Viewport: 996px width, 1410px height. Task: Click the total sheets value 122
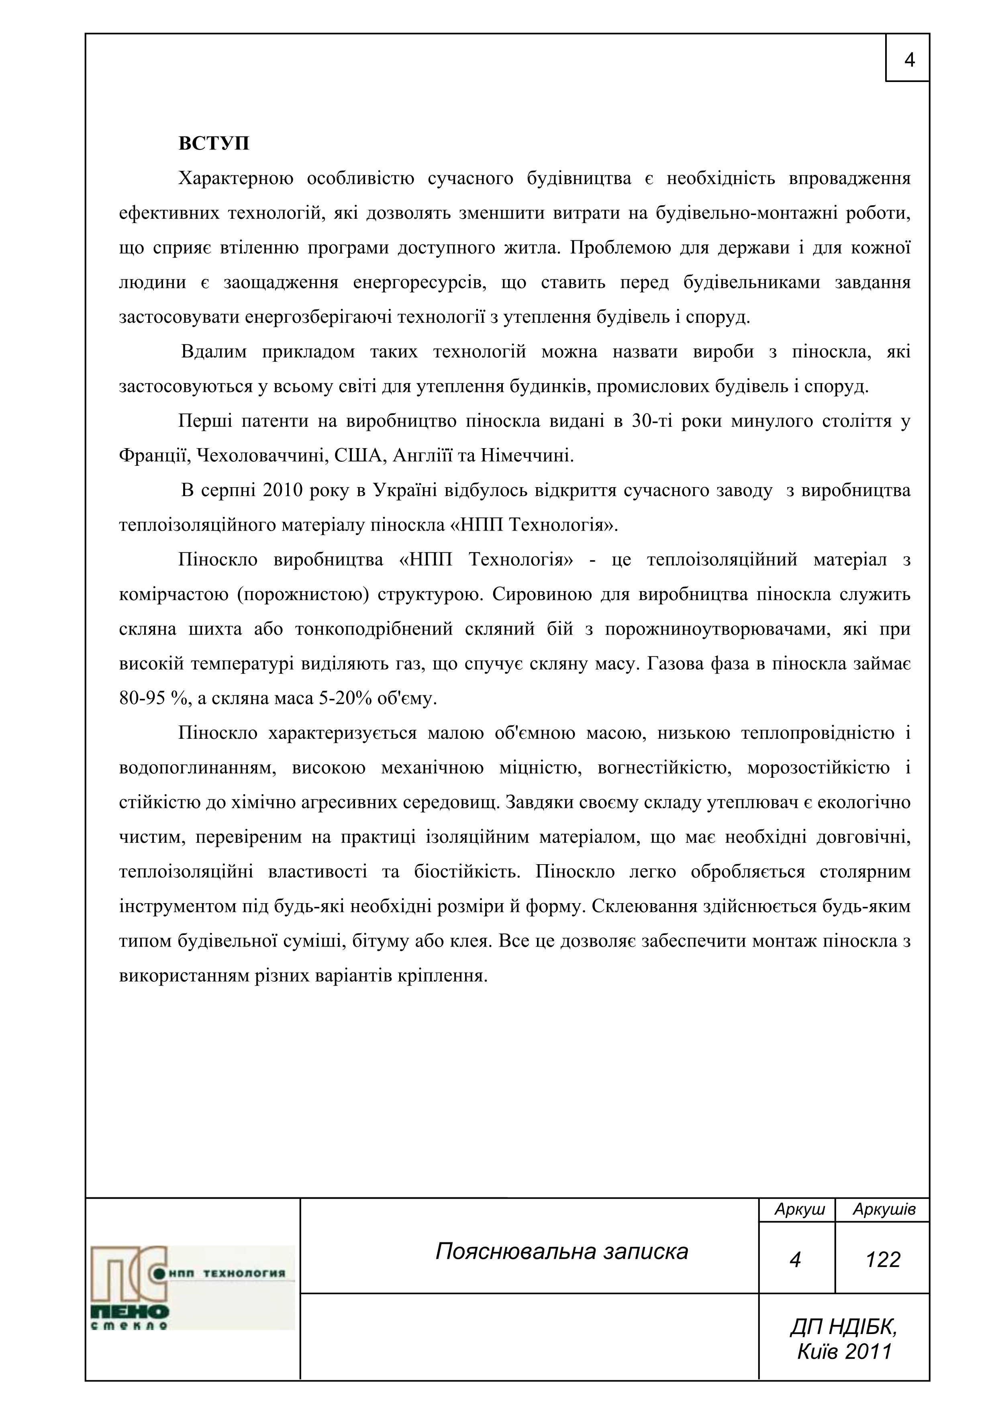pos(882,1260)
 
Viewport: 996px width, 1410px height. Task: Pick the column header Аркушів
pos(884,1209)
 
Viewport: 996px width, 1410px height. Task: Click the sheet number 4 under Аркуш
pos(795,1260)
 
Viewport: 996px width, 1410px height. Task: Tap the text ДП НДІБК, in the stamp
pos(844,1327)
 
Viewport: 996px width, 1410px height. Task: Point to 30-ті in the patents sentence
pos(649,421)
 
